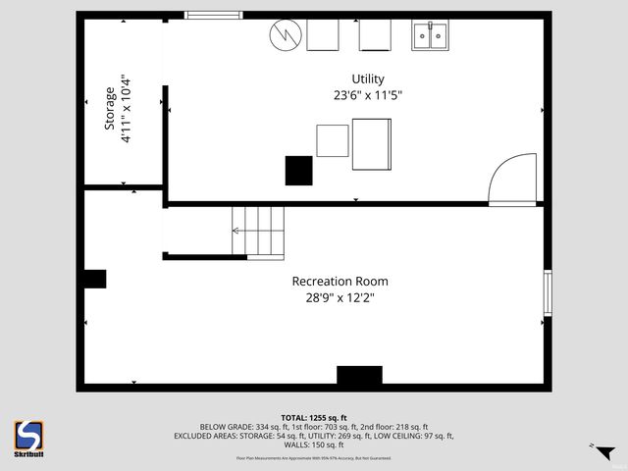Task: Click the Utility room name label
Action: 368,79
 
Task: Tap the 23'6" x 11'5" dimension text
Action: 368,96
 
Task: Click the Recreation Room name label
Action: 333,281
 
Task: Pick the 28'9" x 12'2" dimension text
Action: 333,297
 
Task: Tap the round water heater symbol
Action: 285,35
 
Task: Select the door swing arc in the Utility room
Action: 513,179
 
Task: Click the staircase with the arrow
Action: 257,232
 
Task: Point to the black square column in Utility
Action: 298,170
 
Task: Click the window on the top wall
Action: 214,16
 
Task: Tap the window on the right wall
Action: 549,292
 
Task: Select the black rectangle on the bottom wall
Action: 359,376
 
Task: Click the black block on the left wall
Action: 94,279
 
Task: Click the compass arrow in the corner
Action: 604,452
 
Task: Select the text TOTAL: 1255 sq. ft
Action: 314,417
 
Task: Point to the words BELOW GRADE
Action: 222,427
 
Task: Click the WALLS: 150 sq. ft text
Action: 314,445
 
